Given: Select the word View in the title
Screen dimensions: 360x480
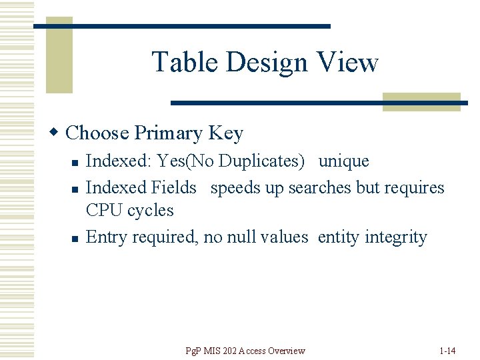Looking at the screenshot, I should pos(349,63).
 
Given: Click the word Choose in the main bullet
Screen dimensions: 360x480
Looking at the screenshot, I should pos(97,133).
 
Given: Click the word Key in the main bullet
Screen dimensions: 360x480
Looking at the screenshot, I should pos(226,134).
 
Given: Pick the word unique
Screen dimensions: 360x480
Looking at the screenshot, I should pos(343,161).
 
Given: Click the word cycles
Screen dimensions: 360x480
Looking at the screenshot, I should pos(150,211).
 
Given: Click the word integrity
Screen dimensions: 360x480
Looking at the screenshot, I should pos(396,238).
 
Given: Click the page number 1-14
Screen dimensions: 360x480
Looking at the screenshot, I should pos(448,351).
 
